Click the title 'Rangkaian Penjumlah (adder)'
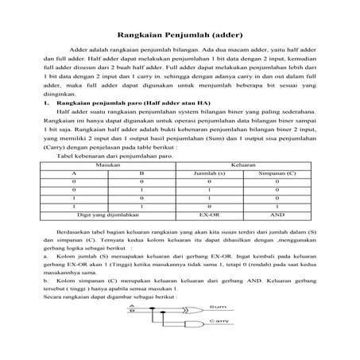pyautogui.click(x=180, y=34)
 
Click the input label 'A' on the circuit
pyautogui.click(x=131, y=304)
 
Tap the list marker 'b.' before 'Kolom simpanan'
pyautogui.click(x=49, y=281)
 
